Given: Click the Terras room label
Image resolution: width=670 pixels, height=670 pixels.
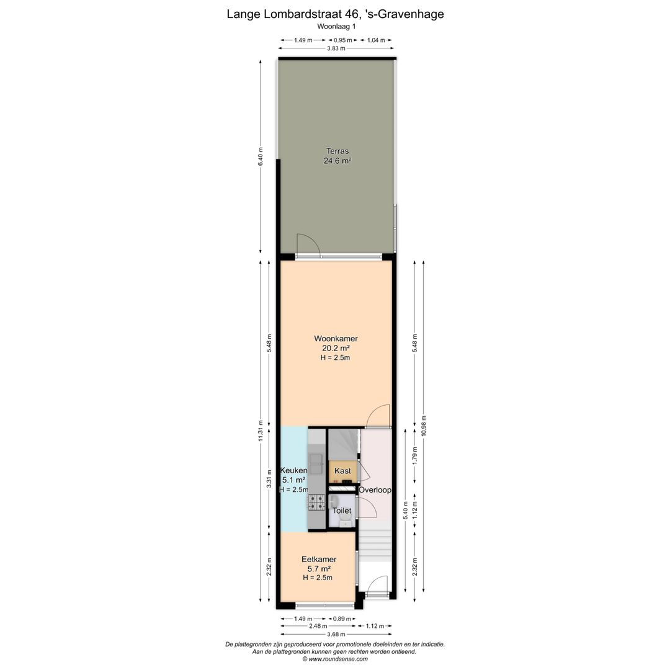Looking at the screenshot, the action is coord(337,151).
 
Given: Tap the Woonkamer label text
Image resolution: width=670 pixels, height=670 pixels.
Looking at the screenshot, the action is coord(336,339).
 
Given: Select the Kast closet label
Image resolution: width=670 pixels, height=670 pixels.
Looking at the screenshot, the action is coord(342,470).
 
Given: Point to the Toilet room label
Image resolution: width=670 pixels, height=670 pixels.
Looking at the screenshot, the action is coord(342,511).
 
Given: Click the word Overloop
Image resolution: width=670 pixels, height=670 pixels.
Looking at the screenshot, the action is coord(375,490).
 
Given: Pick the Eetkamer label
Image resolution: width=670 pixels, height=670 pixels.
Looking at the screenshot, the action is coord(319,559).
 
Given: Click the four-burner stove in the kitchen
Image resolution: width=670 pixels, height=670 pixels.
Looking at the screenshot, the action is coord(316,502).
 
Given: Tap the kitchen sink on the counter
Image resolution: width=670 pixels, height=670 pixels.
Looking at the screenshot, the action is coord(316,464).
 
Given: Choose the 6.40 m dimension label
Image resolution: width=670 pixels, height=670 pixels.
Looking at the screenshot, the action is coord(261,156).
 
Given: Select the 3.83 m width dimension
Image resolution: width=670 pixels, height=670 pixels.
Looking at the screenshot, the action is coord(336,48).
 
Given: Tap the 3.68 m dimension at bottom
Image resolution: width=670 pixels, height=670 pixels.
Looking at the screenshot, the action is coord(336,634).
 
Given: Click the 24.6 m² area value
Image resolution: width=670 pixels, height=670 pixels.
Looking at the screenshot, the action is coord(337,161).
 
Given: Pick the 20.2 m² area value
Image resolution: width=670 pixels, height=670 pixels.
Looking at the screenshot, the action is coord(336,348).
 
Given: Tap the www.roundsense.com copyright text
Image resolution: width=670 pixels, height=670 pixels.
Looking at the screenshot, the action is coord(335,659).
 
